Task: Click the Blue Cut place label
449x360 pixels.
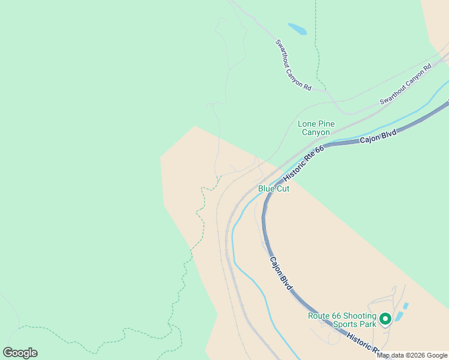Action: tap(274, 188)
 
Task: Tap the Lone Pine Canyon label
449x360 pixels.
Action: tap(316, 128)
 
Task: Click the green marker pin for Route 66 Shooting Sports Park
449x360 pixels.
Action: tap(385, 319)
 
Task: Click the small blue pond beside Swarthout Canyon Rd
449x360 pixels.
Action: tap(297, 28)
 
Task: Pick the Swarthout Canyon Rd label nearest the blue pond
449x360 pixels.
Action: tap(294, 65)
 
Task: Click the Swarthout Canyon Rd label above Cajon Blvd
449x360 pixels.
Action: tap(406, 85)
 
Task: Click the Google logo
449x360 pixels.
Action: tap(20, 353)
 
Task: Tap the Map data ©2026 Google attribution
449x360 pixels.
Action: tap(412, 355)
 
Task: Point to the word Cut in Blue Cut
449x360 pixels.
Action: tap(283, 188)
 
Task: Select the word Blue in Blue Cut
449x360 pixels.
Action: tap(267, 188)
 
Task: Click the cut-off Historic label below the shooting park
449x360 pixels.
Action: tap(362, 344)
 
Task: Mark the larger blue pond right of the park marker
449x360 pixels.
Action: tap(399, 316)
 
